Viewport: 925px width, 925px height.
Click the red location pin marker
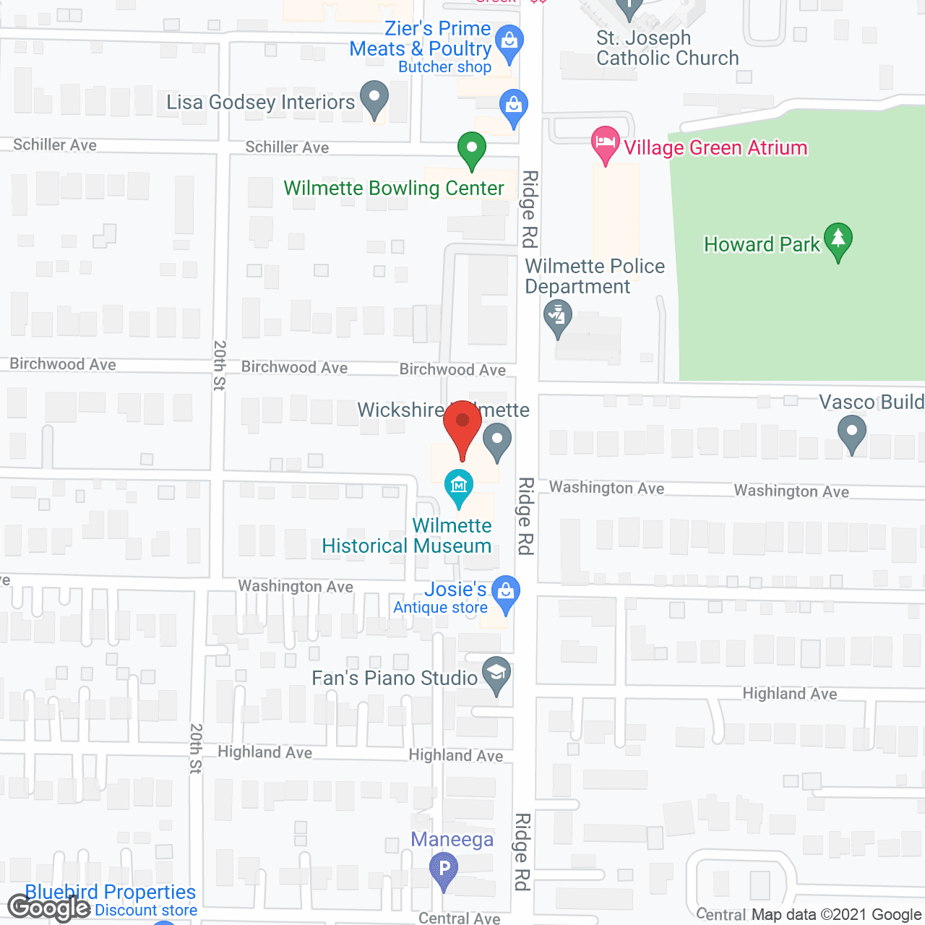point(462,426)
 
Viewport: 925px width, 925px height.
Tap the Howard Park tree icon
point(838,240)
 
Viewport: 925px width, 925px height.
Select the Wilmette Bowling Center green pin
point(471,150)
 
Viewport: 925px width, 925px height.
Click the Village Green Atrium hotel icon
point(605,143)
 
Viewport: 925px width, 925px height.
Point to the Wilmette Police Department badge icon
point(558,318)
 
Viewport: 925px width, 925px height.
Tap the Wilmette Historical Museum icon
point(458,486)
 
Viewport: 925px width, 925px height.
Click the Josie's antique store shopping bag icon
point(506,593)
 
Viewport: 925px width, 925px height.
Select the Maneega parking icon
point(444,869)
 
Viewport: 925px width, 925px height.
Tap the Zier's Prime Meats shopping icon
point(509,43)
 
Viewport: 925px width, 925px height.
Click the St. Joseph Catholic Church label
point(667,48)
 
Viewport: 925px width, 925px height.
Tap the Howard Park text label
point(762,244)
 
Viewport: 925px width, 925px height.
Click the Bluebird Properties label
point(111,892)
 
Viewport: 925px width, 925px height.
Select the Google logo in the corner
point(48,908)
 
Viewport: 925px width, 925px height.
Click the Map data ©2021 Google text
point(837,914)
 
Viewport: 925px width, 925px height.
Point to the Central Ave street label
point(459,918)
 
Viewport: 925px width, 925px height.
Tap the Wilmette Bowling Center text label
point(394,188)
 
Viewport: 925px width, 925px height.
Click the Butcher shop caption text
point(444,67)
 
